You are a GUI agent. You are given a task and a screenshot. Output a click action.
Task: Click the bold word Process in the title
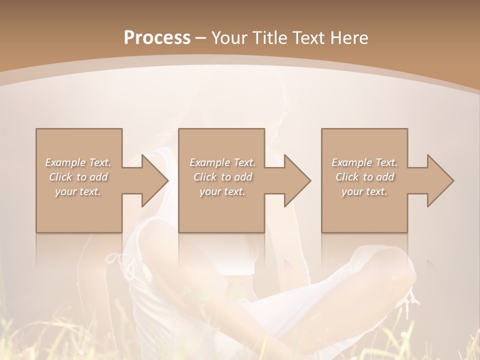click(157, 38)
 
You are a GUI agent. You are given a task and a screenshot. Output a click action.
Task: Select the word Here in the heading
click(350, 38)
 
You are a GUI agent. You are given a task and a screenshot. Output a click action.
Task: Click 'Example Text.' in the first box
click(78, 162)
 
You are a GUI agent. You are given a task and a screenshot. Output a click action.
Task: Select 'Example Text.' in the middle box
click(222, 162)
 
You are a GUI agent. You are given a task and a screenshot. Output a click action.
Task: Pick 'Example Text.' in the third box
click(364, 162)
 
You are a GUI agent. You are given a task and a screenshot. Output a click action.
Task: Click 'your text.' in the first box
click(78, 191)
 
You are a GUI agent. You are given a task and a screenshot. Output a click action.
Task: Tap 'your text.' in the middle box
click(222, 191)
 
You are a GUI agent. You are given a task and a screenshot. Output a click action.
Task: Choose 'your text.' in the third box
click(364, 191)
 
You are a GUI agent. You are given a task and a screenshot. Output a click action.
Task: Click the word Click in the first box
click(60, 177)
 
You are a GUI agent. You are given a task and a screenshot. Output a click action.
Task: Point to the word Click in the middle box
click(205, 177)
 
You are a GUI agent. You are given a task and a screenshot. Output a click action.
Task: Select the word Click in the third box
click(347, 177)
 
